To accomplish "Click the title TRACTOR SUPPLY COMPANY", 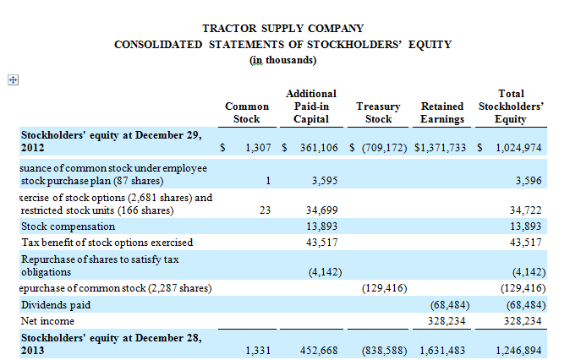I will [283, 29].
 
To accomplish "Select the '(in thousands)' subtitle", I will [283, 60].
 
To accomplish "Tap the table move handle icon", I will [13, 79].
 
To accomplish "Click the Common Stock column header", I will [247, 112].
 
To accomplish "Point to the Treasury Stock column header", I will [378, 112].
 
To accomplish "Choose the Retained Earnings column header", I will [441, 112].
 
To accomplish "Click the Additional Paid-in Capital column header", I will [311, 106].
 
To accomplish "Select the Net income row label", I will [47, 321].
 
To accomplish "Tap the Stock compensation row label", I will [68, 226].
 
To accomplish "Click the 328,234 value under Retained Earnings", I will [444, 321].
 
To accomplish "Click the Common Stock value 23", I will [265, 210].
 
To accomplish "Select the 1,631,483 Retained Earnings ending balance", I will [442, 350].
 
